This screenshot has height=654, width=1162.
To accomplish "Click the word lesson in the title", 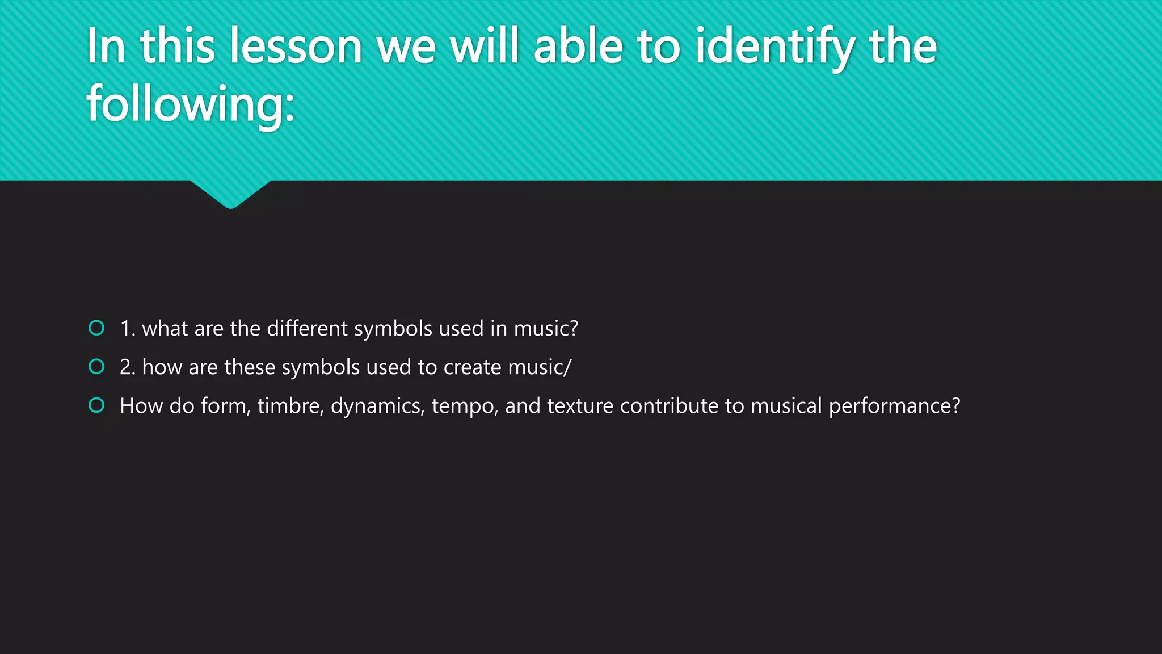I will coord(296,47).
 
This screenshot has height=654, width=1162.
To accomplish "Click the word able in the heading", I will coord(578,47).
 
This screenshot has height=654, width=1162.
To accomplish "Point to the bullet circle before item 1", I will coord(97,328).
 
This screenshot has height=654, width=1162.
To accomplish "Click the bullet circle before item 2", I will coord(97,367).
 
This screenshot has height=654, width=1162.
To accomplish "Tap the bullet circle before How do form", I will coord(97,405).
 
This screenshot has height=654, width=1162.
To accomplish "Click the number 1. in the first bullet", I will coord(128,329).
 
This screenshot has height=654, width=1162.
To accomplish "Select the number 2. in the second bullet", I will coord(128,367).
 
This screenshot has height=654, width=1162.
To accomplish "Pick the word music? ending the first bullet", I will coord(546,329).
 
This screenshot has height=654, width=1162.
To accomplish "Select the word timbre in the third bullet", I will coord(290,406).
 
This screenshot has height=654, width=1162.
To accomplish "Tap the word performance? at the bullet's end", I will coord(894,406).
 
